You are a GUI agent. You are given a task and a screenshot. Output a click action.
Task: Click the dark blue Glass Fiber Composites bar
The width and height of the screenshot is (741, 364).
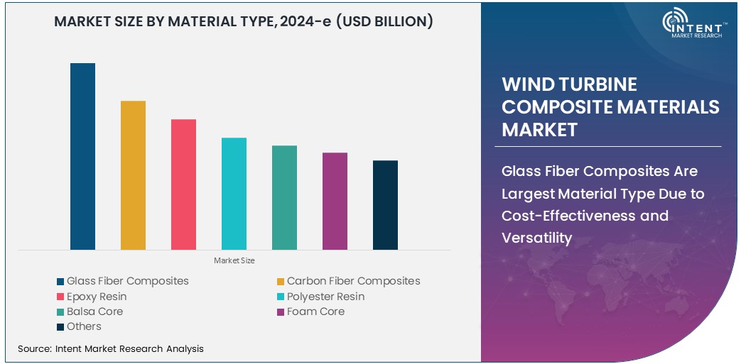[82, 156]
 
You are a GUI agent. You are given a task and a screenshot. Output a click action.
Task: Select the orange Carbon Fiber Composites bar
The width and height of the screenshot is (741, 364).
[133, 175]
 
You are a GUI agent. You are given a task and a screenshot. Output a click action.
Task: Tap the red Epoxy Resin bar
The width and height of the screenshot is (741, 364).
[183, 184]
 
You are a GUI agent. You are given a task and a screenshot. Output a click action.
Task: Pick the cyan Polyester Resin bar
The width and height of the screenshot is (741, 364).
[234, 194]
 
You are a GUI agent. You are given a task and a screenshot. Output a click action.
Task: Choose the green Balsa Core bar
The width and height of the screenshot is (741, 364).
[284, 197]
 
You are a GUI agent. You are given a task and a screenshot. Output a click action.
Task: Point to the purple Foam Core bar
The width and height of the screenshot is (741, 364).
[335, 201]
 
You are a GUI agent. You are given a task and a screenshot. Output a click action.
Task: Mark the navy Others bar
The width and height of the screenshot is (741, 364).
[385, 205]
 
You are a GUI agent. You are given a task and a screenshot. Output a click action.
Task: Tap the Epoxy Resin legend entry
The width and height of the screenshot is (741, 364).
[96, 297]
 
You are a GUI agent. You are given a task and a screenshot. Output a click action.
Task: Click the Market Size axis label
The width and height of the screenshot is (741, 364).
[234, 261]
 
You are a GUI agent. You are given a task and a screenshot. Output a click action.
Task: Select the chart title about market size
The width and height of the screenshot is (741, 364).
[244, 22]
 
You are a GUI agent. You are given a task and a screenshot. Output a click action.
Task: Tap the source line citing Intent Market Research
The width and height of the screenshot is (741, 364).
[110, 348]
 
